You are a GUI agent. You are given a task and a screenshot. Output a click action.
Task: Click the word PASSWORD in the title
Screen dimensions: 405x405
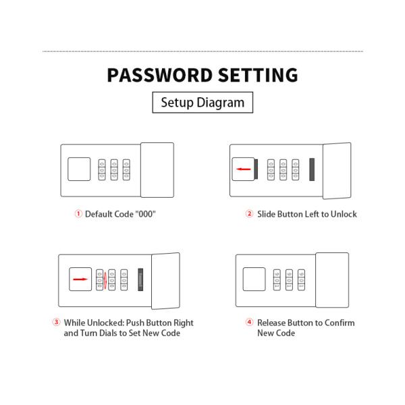click(x=160, y=75)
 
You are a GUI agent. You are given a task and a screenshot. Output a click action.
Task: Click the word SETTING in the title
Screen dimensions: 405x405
click(x=259, y=75)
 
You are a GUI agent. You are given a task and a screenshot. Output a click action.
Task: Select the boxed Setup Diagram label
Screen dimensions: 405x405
click(x=202, y=103)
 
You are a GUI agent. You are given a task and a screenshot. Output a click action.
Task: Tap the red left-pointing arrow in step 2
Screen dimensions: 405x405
click(x=244, y=169)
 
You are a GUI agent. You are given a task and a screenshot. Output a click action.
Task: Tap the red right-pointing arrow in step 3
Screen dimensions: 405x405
click(x=80, y=279)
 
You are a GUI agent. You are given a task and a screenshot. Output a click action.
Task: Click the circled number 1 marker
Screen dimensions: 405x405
click(x=78, y=213)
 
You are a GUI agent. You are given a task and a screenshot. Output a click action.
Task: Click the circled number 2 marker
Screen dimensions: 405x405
click(x=249, y=213)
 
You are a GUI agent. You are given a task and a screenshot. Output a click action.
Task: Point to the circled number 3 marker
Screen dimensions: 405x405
click(x=56, y=322)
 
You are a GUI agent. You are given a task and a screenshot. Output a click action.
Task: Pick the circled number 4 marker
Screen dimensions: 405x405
click(x=249, y=322)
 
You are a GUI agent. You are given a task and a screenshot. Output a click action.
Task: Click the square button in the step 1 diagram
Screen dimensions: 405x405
click(x=79, y=169)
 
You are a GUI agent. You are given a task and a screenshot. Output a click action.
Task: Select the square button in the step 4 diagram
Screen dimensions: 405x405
click(x=254, y=279)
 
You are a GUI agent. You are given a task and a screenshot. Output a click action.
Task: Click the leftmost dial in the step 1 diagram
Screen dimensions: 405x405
click(x=102, y=169)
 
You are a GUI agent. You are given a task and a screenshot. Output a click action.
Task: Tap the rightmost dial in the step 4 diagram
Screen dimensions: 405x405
click(x=302, y=279)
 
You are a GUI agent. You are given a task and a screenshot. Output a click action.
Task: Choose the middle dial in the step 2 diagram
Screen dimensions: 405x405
click(x=283, y=169)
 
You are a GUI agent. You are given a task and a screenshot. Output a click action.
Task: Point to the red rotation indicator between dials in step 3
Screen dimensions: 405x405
click(x=105, y=280)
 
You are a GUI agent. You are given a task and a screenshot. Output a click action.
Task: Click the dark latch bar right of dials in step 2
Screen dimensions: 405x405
click(x=312, y=169)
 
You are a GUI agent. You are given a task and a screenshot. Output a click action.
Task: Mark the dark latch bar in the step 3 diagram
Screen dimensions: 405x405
click(x=140, y=279)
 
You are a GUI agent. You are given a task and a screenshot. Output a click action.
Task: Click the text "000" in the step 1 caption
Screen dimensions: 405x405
click(x=146, y=214)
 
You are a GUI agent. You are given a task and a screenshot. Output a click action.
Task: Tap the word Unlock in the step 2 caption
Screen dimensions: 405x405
click(x=344, y=214)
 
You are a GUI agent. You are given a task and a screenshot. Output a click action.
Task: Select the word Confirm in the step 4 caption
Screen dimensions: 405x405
click(x=340, y=323)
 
